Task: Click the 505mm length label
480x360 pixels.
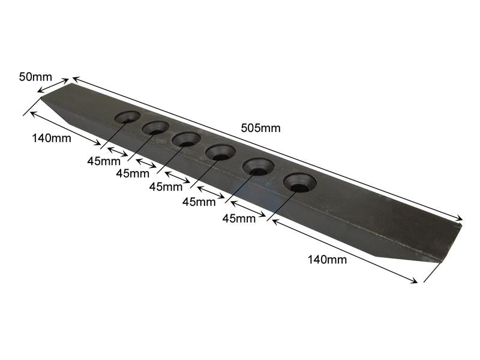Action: click(x=260, y=128)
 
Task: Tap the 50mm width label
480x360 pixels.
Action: click(x=35, y=77)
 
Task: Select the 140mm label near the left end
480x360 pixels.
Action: click(x=52, y=139)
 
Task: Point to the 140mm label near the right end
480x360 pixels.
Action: click(x=327, y=260)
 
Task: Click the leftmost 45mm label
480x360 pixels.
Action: click(x=104, y=161)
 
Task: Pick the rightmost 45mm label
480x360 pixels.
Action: click(x=239, y=218)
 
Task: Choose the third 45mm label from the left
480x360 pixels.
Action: click(x=166, y=187)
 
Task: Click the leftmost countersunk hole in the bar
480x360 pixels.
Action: click(x=128, y=117)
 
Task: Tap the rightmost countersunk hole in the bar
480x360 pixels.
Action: click(x=299, y=182)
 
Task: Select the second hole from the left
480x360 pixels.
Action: click(x=155, y=128)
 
